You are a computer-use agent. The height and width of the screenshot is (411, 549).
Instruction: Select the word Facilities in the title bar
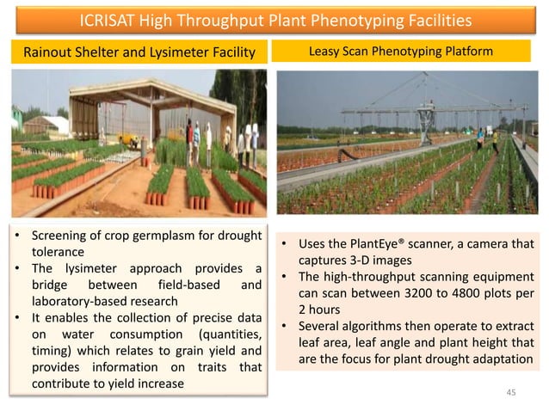click(x=434, y=20)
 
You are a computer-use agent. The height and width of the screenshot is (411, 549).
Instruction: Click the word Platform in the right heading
click(x=467, y=52)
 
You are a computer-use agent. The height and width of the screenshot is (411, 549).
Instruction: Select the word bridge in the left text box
click(x=51, y=285)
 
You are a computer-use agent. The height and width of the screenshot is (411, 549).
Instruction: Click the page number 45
click(x=512, y=392)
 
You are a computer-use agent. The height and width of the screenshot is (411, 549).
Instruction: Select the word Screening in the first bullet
click(x=61, y=236)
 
